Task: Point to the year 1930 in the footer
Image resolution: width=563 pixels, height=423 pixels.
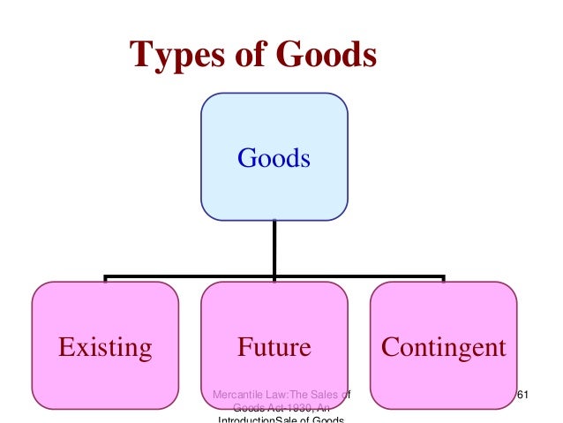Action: pos(297,407)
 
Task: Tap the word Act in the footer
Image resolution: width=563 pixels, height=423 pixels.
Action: pos(271,407)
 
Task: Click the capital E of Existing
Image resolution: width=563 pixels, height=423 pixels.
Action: pos(64,347)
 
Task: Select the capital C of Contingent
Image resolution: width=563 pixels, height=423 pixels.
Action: pos(389,347)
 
